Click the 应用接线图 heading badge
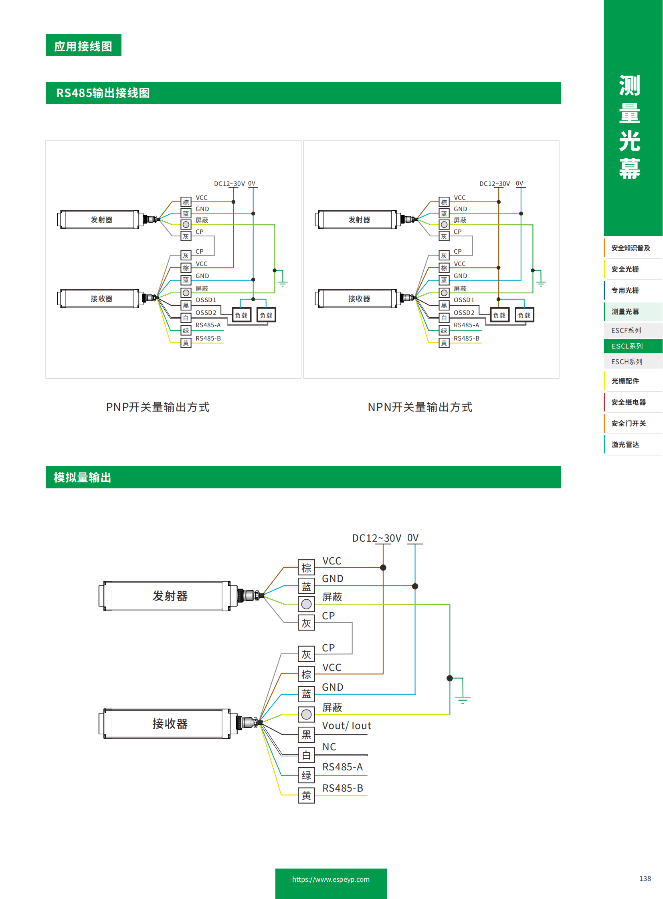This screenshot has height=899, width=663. pos(83,45)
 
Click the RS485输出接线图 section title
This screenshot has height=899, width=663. pos(103,93)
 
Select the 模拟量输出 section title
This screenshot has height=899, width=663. pos(82,477)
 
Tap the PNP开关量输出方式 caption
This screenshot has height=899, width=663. pos(157,407)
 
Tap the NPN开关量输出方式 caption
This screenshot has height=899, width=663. pos(419,407)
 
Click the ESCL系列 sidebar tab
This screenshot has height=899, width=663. pos(627,346)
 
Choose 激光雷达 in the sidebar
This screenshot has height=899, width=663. pos(625,444)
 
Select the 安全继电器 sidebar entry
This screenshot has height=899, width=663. pos(629,402)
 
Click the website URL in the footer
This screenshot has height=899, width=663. pos(331,879)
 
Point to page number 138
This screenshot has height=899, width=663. pos(645,879)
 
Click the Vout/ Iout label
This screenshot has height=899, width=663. pos(347,726)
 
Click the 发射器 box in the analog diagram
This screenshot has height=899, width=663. pos(170,596)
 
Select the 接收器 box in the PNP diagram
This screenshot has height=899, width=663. pos(101,298)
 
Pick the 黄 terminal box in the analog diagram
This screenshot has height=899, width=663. pos(306,796)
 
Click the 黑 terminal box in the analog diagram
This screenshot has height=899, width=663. pos(306,734)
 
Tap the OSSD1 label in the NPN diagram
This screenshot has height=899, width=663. pos(463,300)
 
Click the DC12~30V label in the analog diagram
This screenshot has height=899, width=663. pos(376,538)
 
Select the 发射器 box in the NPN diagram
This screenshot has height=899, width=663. pos(359,220)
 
